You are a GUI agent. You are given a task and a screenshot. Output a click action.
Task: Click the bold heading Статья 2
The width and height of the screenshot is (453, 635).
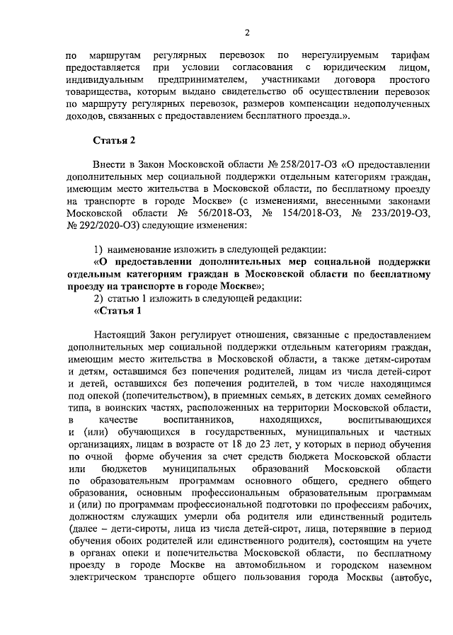pos(113,139)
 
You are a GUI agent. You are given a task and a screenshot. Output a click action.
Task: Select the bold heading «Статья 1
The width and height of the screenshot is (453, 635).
pos(117,311)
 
